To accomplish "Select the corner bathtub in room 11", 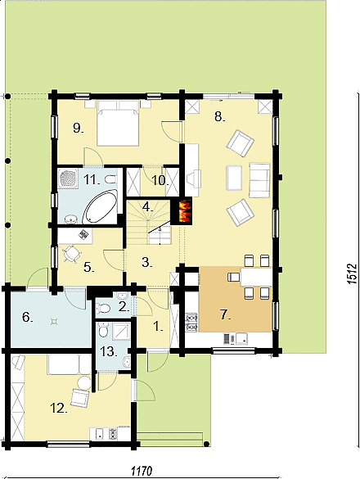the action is click(x=100, y=206).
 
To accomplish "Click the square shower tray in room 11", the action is click(x=68, y=178).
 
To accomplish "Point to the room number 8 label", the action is click(x=218, y=116).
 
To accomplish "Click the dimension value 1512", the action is click(x=352, y=273).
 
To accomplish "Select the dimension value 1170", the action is click(x=142, y=471).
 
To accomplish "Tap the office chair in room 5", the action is click(x=72, y=254).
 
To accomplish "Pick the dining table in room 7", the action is click(x=256, y=277).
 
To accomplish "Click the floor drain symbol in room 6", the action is click(x=54, y=322).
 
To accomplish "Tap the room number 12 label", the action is click(x=58, y=408).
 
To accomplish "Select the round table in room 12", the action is click(x=84, y=382).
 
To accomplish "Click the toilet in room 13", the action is click(x=104, y=331).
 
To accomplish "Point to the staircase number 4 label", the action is click(x=147, y=207).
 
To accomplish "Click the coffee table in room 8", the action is click(x=234, y=178).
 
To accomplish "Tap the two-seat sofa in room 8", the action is click(x=260, y=180).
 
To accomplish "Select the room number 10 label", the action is click(x=160, y=181).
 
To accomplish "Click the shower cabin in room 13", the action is click(x=121, y=331).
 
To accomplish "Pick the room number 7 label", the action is click(x=225, y=315).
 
